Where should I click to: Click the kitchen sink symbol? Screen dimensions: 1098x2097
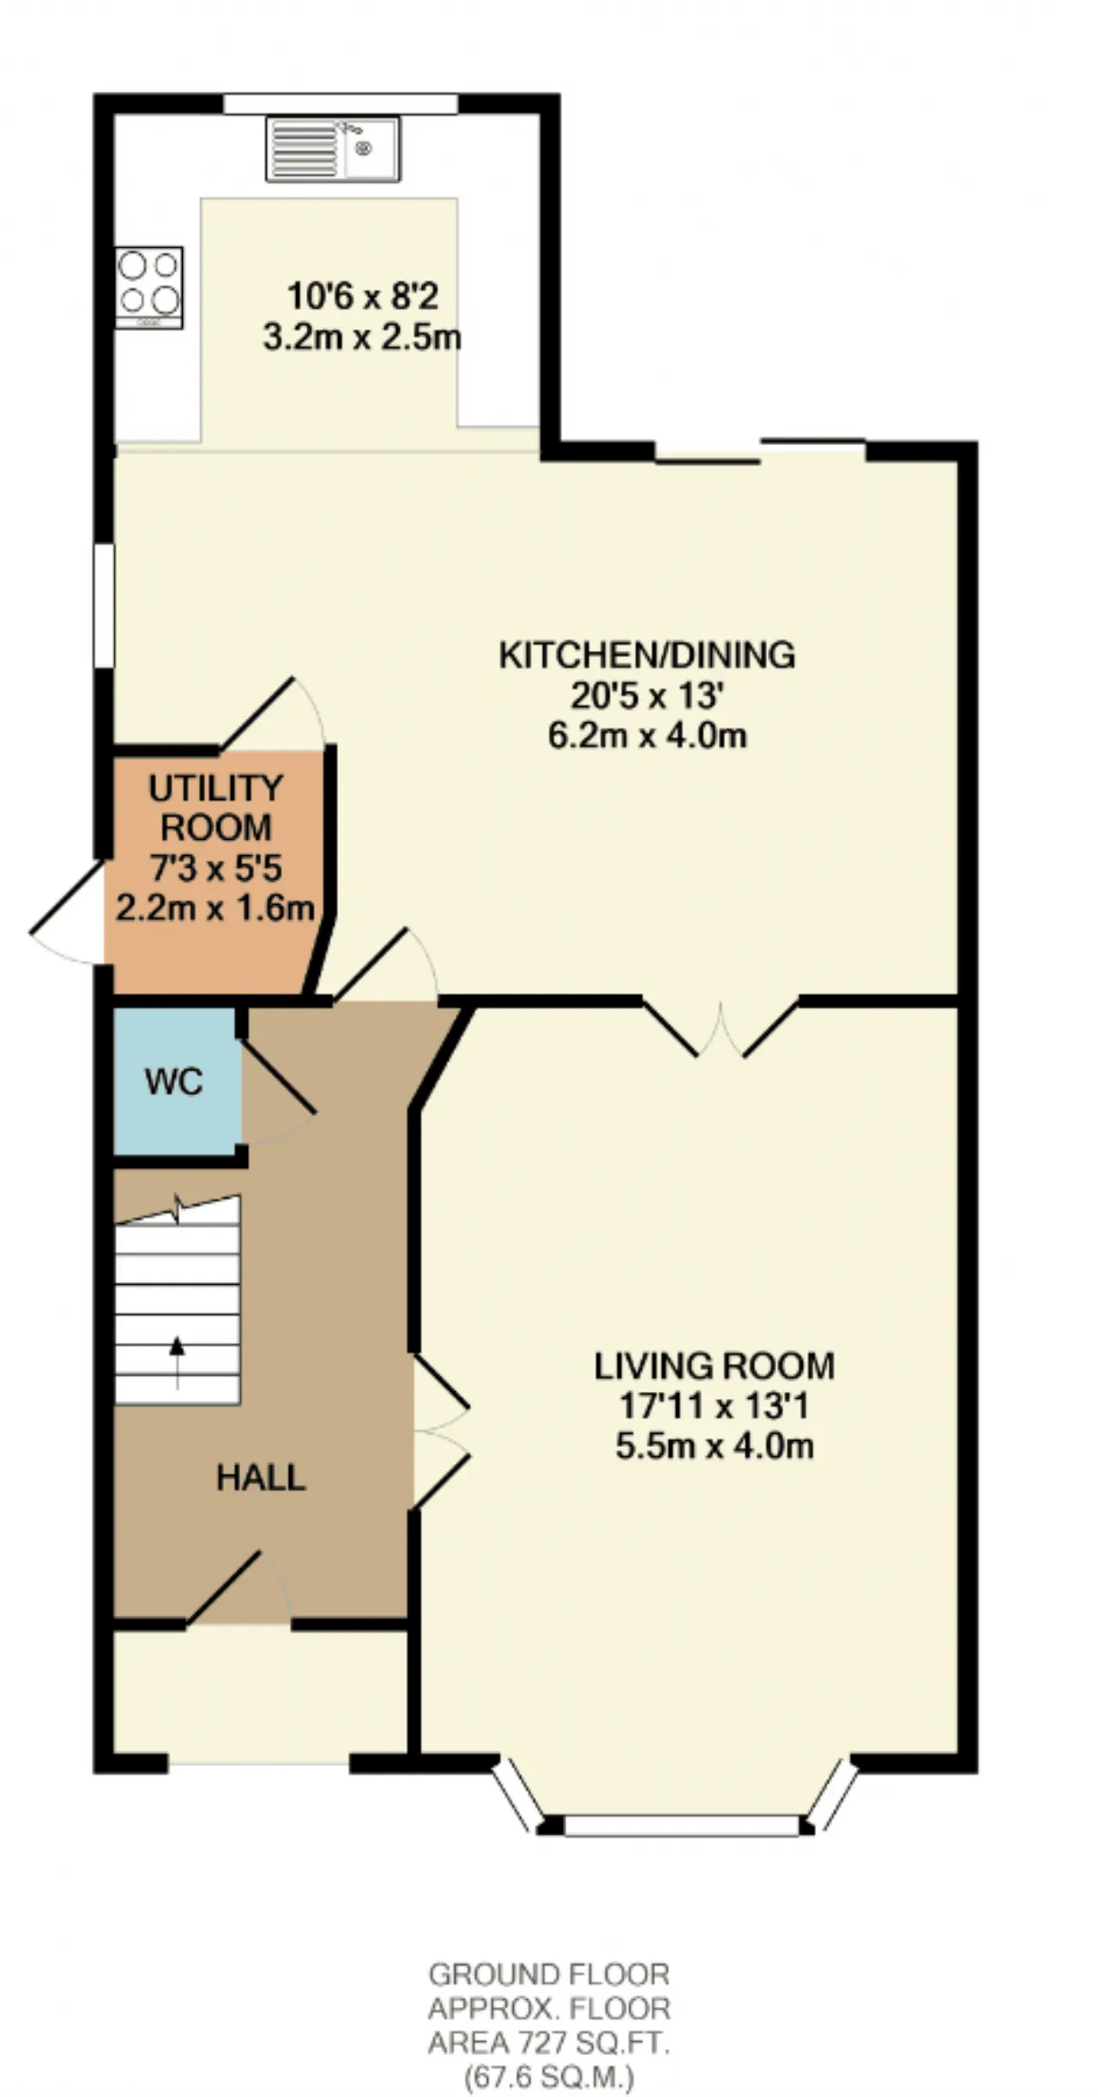333,149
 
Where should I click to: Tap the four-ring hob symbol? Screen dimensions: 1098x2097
149,287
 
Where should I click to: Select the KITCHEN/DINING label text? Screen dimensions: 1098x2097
648,655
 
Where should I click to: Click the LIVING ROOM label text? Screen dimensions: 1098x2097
715,1366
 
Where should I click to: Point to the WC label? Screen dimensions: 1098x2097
174,1082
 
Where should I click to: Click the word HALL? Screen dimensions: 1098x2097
261,1478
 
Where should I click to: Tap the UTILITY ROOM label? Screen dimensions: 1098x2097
216,808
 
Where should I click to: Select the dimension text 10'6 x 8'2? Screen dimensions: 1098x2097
363,297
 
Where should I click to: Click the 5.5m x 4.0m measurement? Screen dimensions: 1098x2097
715,1447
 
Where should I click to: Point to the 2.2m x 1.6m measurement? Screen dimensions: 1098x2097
215,908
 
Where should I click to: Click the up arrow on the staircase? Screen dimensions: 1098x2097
178,1362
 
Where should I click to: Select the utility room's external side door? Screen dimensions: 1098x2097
67,911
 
